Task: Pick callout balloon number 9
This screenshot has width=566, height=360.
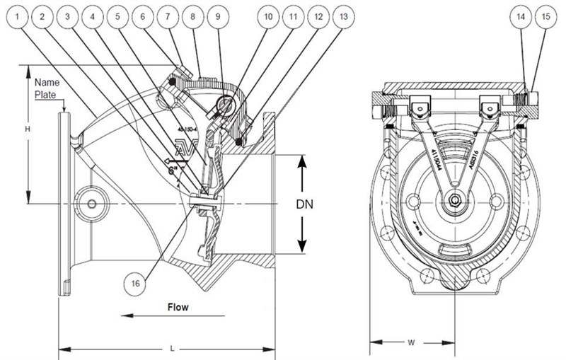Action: (x=219, y=16)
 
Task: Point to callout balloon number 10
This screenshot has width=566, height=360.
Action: (x=267, y=16)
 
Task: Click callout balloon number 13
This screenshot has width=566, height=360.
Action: (x=344, y=16)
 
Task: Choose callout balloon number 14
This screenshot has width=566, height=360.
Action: (x=521, y=16)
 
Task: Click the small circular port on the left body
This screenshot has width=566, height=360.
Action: (x=91, y=204)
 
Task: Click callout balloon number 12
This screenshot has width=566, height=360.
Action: (x=318, y=16)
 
